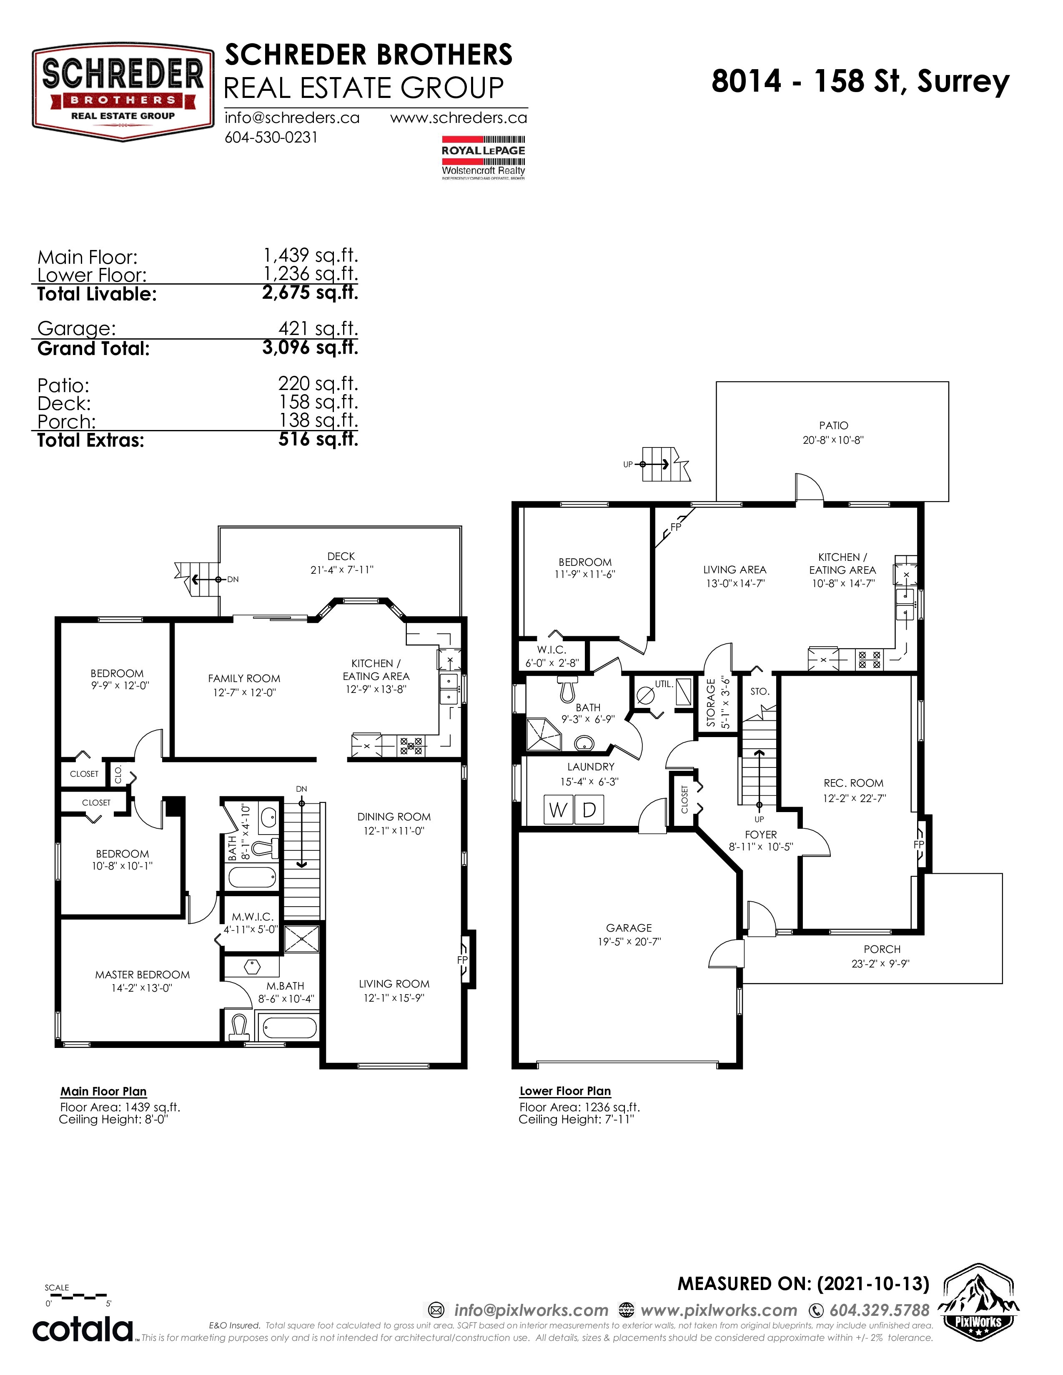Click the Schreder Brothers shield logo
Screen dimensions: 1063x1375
(123, 92)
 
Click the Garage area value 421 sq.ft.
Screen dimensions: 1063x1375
(318, 329)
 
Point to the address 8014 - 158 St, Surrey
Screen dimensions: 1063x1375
(860, 81)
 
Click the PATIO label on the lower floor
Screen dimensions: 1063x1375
(833, 425)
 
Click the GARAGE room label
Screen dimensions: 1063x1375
(629, 928)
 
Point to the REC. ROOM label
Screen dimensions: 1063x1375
(853, 783)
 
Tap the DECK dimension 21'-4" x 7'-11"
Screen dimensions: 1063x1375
(341, 570)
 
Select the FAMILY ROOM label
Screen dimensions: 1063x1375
(244, 679)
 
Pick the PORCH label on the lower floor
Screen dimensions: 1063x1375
(882, 950)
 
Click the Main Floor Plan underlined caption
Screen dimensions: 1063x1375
(103, 1092)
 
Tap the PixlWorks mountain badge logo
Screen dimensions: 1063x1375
(978, 1302)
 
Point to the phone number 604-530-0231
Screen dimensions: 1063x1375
(271, 137)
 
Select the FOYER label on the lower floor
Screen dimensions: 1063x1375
(761, 835)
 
